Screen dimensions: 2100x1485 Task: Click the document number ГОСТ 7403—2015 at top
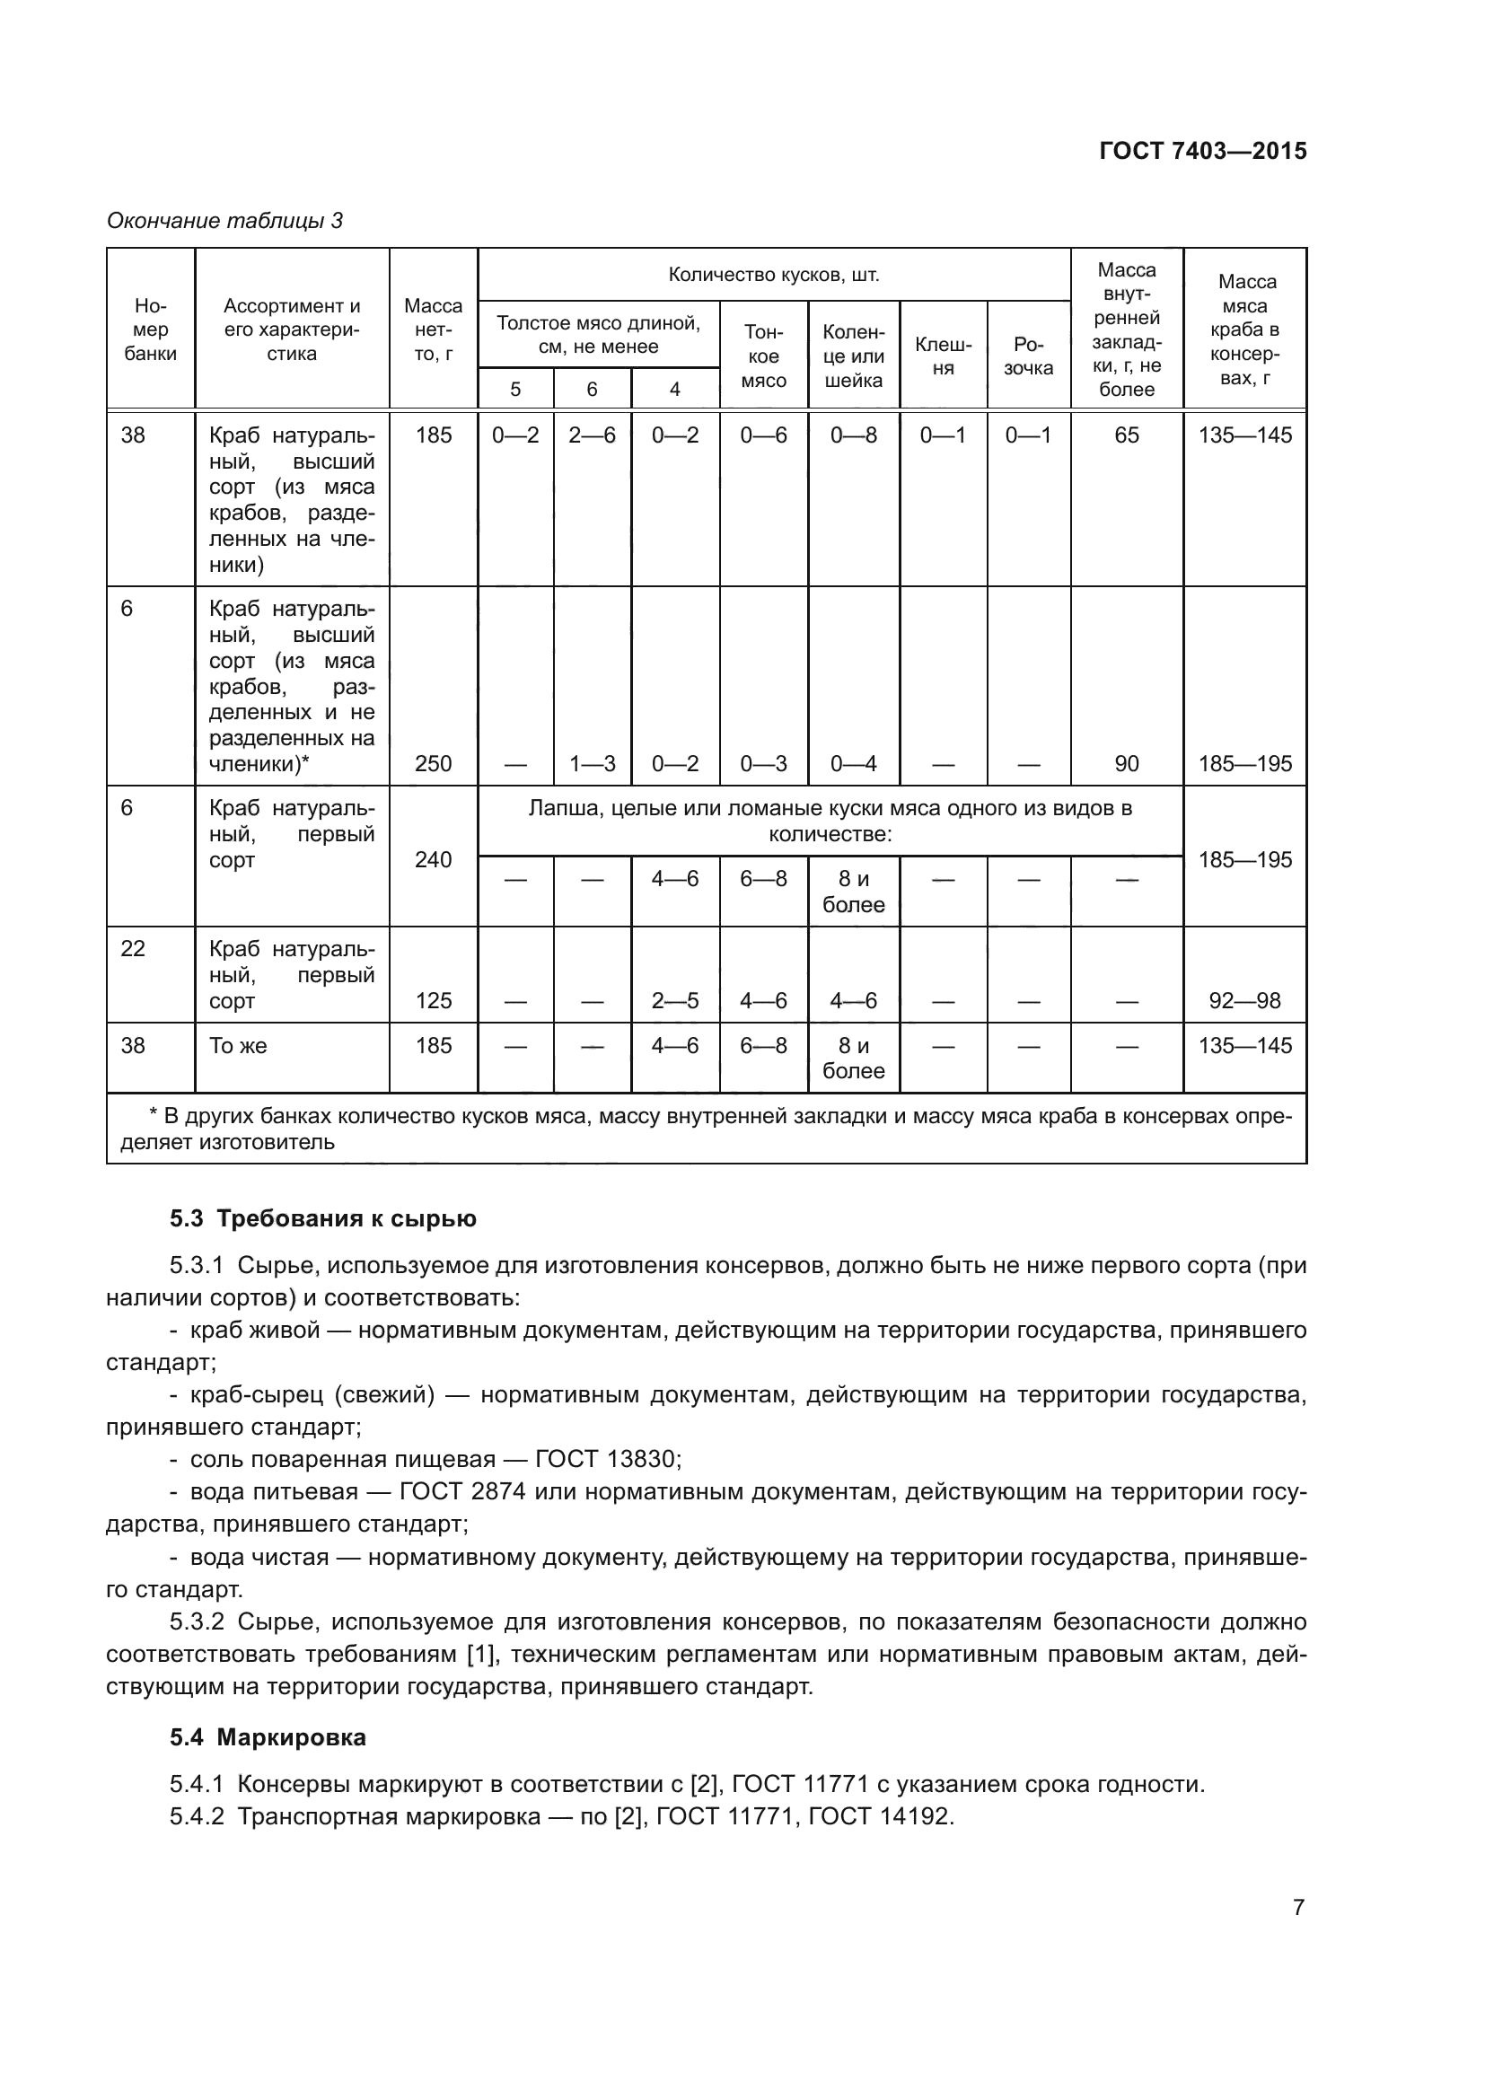(x=1202, y=151)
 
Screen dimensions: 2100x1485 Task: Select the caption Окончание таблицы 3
(x=225, y=221)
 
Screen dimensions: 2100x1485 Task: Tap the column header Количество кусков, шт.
(x=774, y=275)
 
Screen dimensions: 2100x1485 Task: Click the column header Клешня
(x=943, y=356)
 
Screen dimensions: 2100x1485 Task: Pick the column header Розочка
(x=1029, y=356)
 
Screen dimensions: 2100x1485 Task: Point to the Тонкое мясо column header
(x=763, y=356)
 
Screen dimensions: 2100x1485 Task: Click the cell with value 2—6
(x=592, y=435)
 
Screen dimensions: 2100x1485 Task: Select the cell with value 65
(x=1127, y=435)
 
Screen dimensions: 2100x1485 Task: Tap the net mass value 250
(x=434, y=764)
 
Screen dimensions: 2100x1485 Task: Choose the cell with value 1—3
(x=592, y=764)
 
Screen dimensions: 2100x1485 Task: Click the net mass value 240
(x=434, y=860)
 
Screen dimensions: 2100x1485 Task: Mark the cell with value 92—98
(x=1244, y=1000)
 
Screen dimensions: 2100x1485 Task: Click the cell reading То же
(x=239, y=1045)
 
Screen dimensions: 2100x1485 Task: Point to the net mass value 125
(x=434, y=1000)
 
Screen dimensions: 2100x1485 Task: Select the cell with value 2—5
(x=675, y=1000)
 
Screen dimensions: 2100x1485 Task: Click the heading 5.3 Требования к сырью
(x=323, y=1218)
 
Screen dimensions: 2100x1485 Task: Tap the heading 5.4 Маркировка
(x=268, y=1737)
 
